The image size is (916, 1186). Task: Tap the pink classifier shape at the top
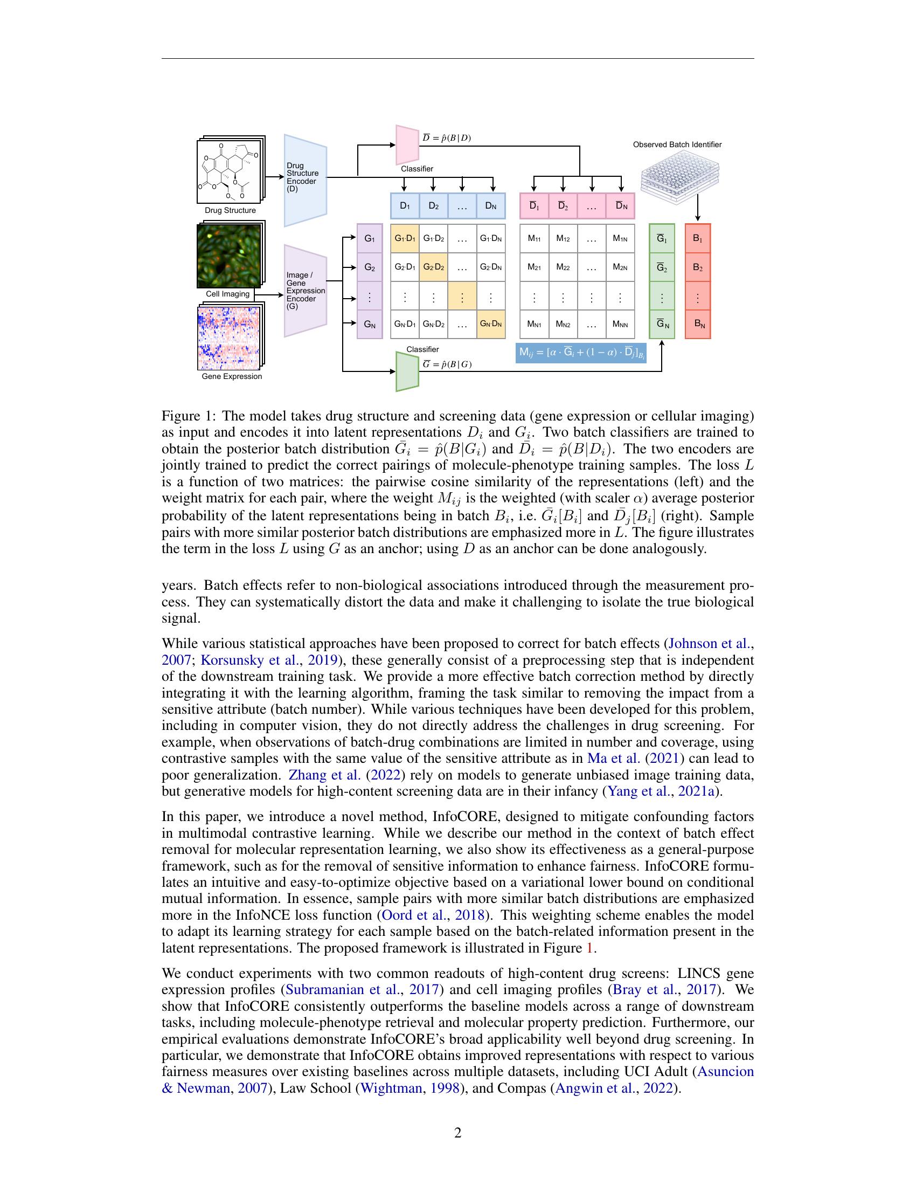point(407,144)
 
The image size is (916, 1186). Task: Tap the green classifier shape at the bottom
point(407,371)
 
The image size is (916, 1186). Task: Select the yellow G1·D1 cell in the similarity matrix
point(405,238)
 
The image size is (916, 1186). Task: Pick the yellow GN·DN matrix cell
point(490,324)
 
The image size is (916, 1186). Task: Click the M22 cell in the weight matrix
point(563,267)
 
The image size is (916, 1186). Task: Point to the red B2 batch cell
point(697,267)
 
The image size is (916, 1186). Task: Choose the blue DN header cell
point(490,206)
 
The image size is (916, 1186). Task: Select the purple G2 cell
point(370,267)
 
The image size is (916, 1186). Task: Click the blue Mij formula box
point(581,353)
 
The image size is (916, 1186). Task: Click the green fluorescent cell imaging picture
point(229,255)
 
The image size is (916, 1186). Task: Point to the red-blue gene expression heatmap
point(231,337)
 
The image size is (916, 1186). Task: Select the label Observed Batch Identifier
point(677,144)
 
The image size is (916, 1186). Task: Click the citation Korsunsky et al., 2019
point(269,660)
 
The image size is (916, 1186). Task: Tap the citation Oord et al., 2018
point(433,915)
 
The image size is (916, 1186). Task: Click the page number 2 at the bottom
point(457,1133)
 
